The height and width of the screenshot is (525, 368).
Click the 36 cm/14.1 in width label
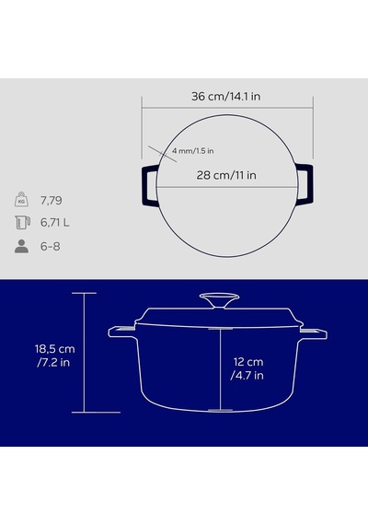(225, 97)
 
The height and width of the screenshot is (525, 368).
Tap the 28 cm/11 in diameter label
(226, 175)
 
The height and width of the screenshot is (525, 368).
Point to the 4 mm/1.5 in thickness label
(192, 151)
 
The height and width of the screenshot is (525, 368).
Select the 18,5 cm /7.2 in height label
(55, 356)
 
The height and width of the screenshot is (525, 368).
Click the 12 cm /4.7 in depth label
(247, 368)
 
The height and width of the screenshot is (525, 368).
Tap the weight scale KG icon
(21, 200)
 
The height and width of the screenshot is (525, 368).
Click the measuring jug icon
(22, 222)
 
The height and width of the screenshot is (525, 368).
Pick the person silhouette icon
(21, 246)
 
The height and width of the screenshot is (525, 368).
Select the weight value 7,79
(52, 201)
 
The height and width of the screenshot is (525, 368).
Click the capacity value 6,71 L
(55, 223)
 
